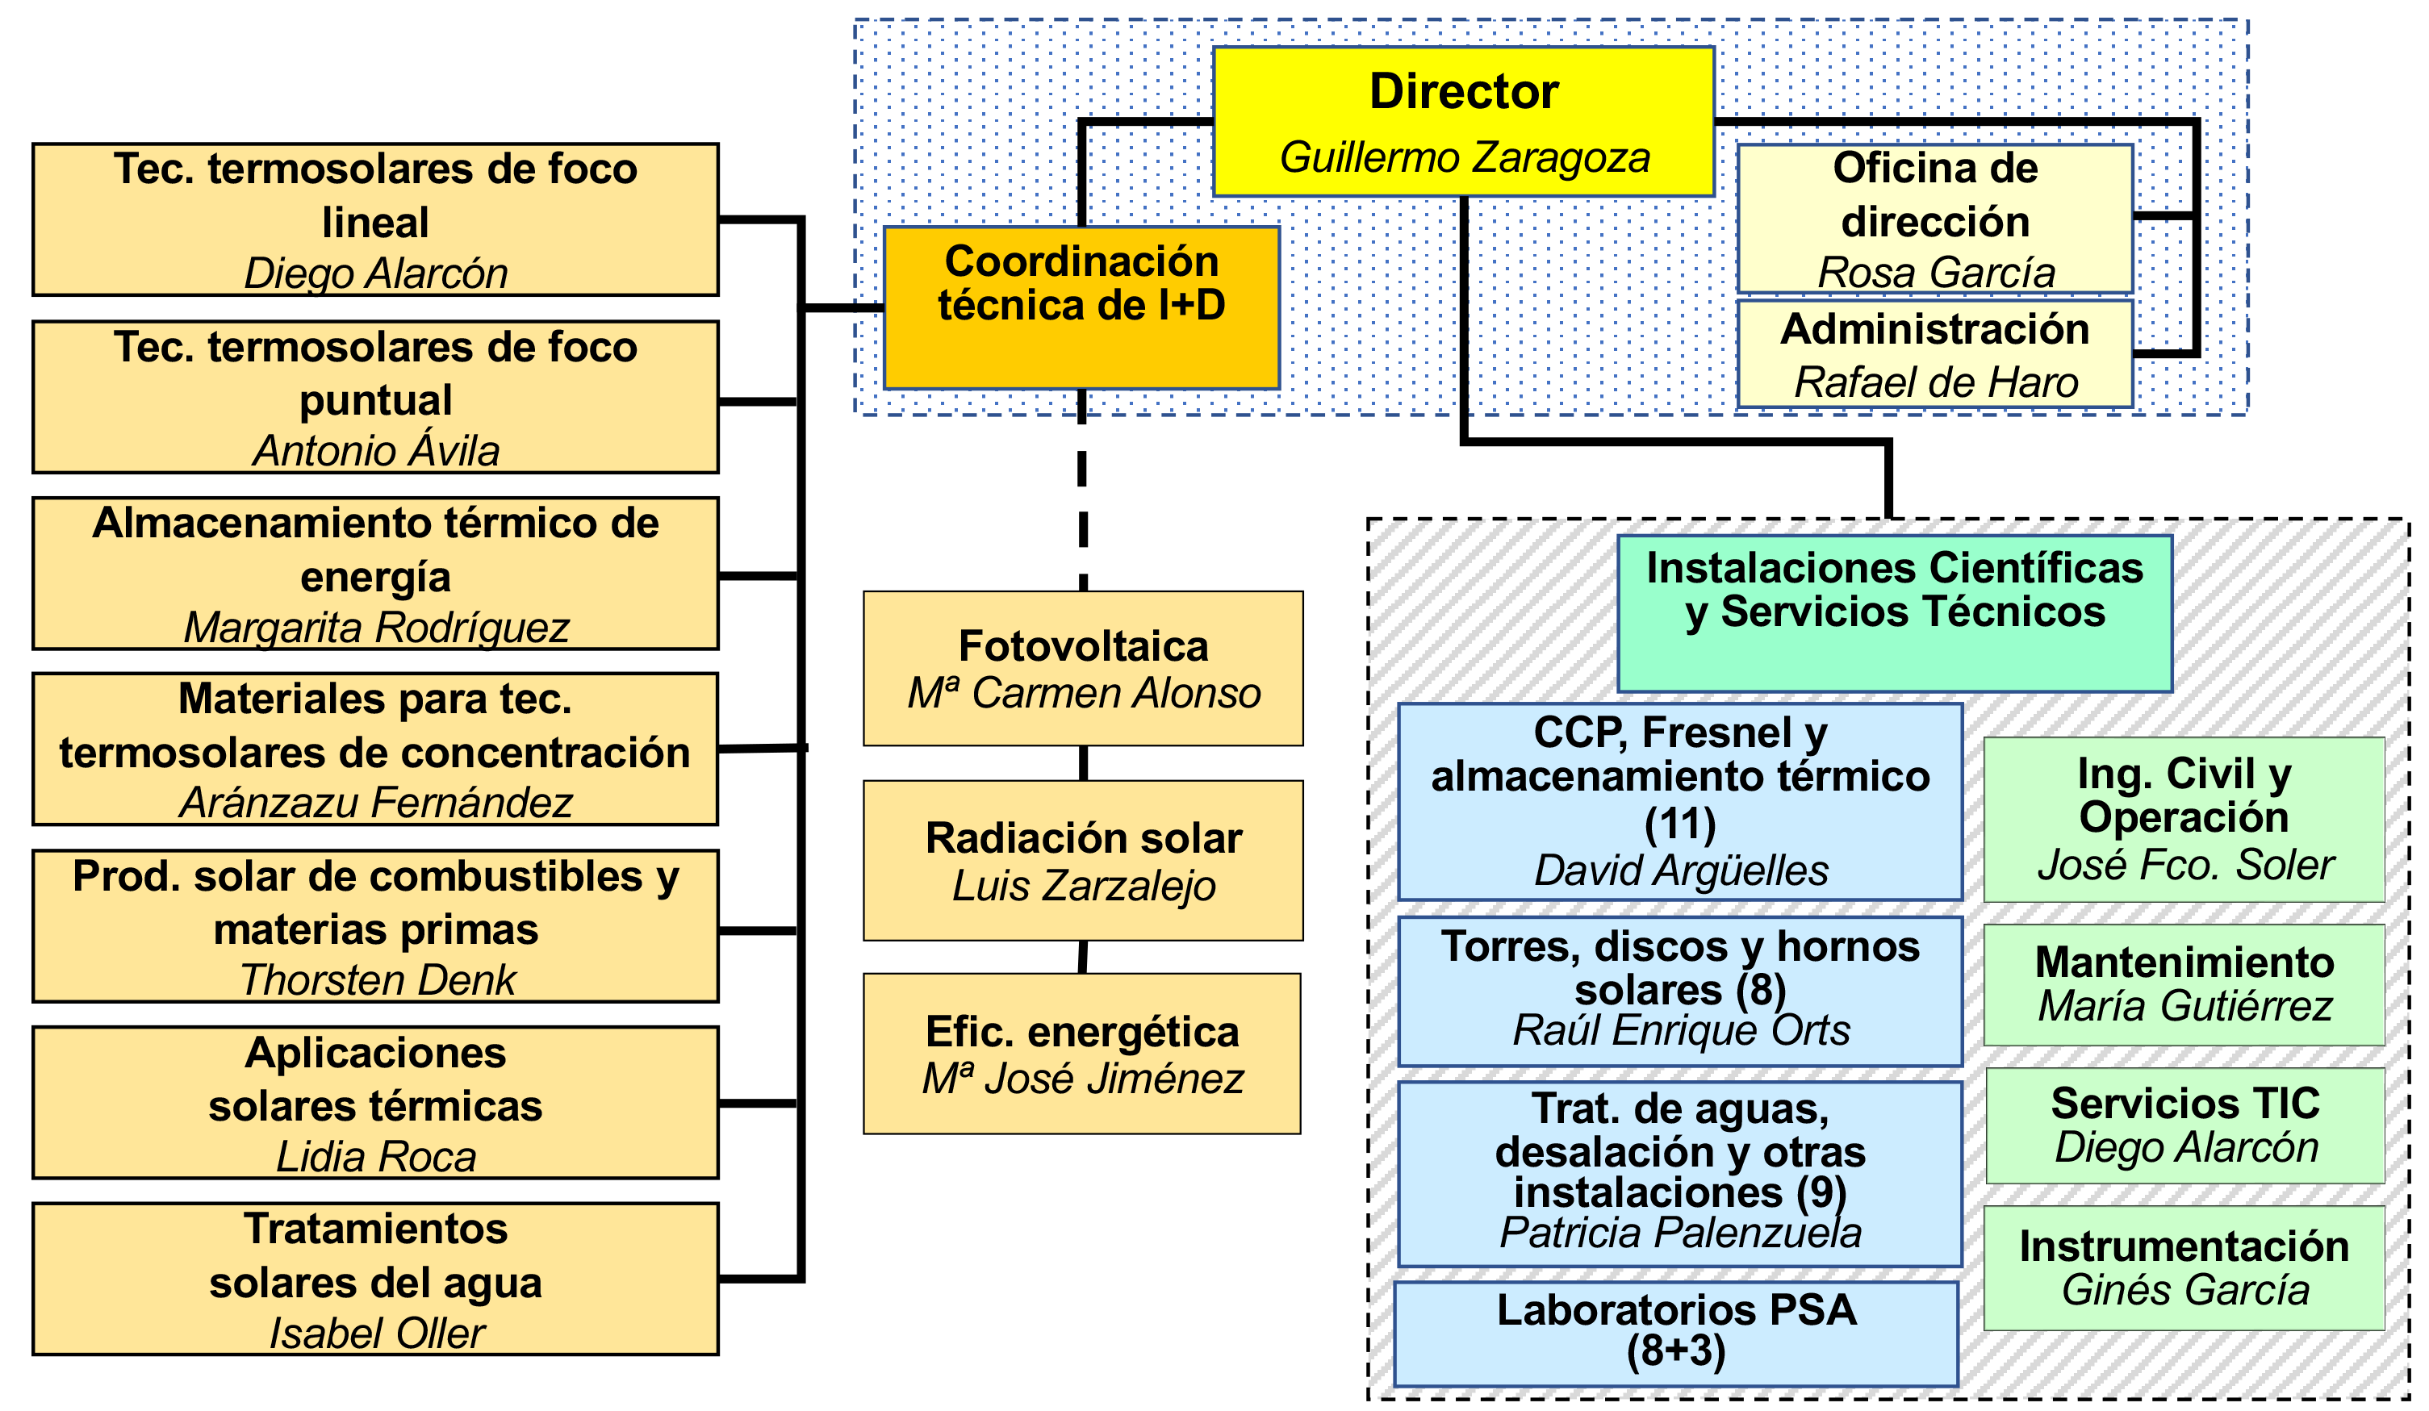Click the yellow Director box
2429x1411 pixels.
pyautogui.click(x=1463, y=122)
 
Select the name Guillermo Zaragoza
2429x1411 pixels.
pyautogui.click(x=1464, y=157)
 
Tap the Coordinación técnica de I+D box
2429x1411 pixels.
pyautogui.click(x=1081, y=307)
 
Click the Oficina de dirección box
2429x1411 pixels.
pyautogui.click(x=1935, y=219)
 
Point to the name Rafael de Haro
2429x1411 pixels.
pyautogui.click(x=1935, y=382)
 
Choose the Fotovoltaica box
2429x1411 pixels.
pyautogui.click(x=1084, y=669)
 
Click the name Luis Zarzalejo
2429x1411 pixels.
pyautogui.click(x=1084, y=886)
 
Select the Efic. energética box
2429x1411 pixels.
pyautogui.click(x=1082, y=1054)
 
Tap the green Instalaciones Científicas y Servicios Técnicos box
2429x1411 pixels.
pyautogui.click(x=1895, y=614)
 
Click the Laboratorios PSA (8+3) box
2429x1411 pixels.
pyautogui.click(x=1676, y=1334)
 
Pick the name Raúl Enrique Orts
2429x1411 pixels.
pyautogui.click(x=1681, y=1030)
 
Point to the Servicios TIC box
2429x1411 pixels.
pyautogui.click(x=2186, y=1125)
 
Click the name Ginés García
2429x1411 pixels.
pyautogui.click(x=2185, y=1289)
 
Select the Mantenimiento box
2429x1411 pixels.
pyautogui.click(x=2185, y=985)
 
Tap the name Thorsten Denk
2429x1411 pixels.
pyautogui.click(x=377, y=980)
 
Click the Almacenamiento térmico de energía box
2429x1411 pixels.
pyautogui.click(x=376, y=574)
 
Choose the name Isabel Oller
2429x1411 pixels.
pyautogui.click(x=377, y=1334)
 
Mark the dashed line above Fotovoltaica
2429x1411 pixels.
pyautogui.click(x=1082, y=491)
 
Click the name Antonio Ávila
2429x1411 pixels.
pyautogui.click(x=377, y=451)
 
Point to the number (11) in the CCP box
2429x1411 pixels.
pyautogui.click(x=1680, y=824)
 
